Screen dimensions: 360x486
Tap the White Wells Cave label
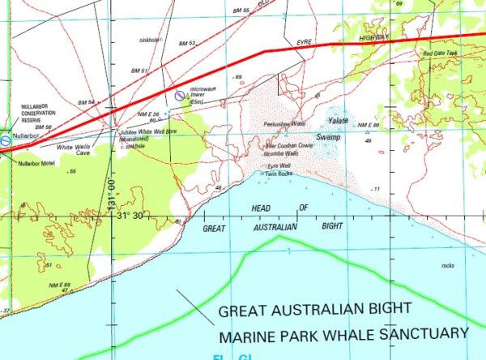[x=70, y=149]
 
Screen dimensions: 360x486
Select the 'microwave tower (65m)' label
[x=200, y=97]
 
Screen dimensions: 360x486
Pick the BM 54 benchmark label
[x=87, y=103]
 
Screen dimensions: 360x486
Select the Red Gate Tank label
[x=440, y=54]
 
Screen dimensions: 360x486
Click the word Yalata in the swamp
[x=337, y=120]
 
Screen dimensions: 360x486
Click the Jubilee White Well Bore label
[x=143, y=133]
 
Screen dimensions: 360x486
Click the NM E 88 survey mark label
[x=59, y=284]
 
